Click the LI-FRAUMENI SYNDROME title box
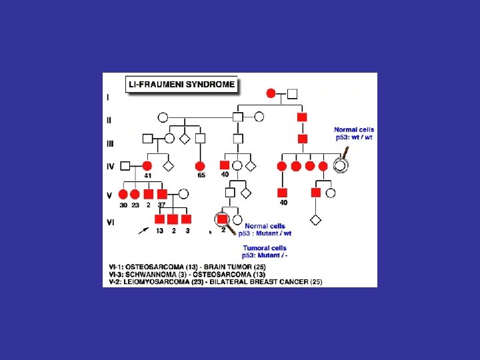click(181, 84)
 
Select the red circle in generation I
click(271, 93)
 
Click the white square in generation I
click(293, 94)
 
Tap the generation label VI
click(111, 222)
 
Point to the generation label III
click(110, 143)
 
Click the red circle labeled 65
click(200, 166)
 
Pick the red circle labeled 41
click(147, 166)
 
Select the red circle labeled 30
click(123, 194)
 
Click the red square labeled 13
click(159, 219)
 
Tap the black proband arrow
click(143, 231)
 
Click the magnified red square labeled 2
click(223, 219)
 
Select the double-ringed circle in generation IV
click(341, 165)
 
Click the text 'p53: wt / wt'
click(354, 137)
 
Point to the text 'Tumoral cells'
click(265, 248)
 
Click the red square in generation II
click(302, 117)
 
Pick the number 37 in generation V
click(161, 205)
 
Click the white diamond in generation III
click(184, 139)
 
